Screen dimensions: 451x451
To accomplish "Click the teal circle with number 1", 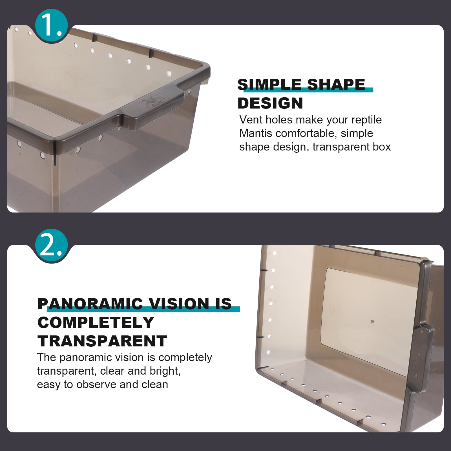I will click(x=51, y=26).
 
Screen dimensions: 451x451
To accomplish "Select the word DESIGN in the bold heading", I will click(x=270, y=103).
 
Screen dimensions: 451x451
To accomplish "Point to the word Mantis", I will click(x=256, y=133).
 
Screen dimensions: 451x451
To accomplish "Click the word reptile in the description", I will click(x=366, y=120).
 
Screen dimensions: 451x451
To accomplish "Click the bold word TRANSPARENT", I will click(x=102, y=341).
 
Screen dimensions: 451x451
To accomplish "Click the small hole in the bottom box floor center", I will click(x=372, y=321).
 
